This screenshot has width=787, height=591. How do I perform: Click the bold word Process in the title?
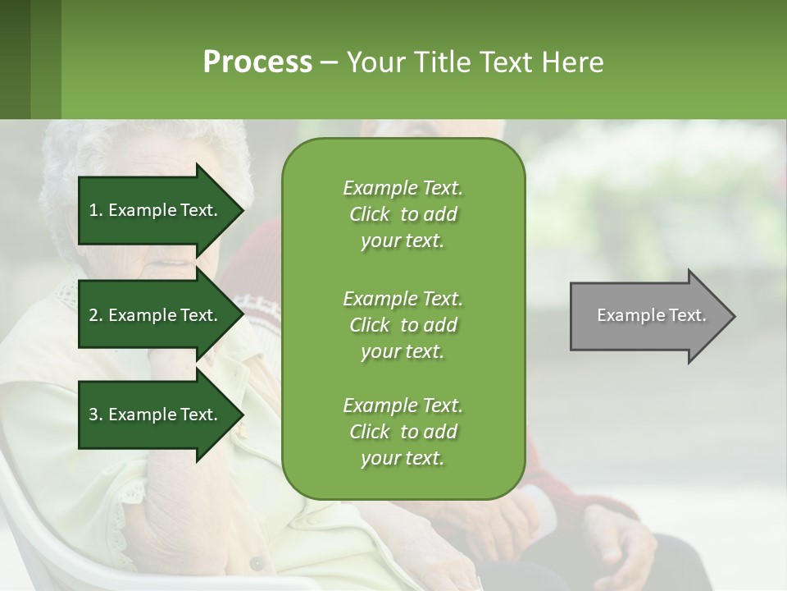tap(257, 62)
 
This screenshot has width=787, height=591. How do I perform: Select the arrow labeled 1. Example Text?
tap(156, 210)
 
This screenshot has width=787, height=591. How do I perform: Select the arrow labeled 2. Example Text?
tap(156, 315)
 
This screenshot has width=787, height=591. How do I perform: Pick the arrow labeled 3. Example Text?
tap(156, 415)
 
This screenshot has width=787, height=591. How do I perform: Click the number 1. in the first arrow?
tap(96, 210)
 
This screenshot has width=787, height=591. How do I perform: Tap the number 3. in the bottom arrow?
tap(96, 415)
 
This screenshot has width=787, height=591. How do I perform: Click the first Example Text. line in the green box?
tap(403, 188)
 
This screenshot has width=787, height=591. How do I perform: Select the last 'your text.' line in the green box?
tap(403, 458)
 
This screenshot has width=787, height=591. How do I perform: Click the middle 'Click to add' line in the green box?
tap(403, 325)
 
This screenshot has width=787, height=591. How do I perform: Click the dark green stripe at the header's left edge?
tap(15, 59)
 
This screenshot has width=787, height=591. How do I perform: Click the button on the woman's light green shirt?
tap(257, 564)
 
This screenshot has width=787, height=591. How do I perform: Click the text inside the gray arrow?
tap(651, 315)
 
